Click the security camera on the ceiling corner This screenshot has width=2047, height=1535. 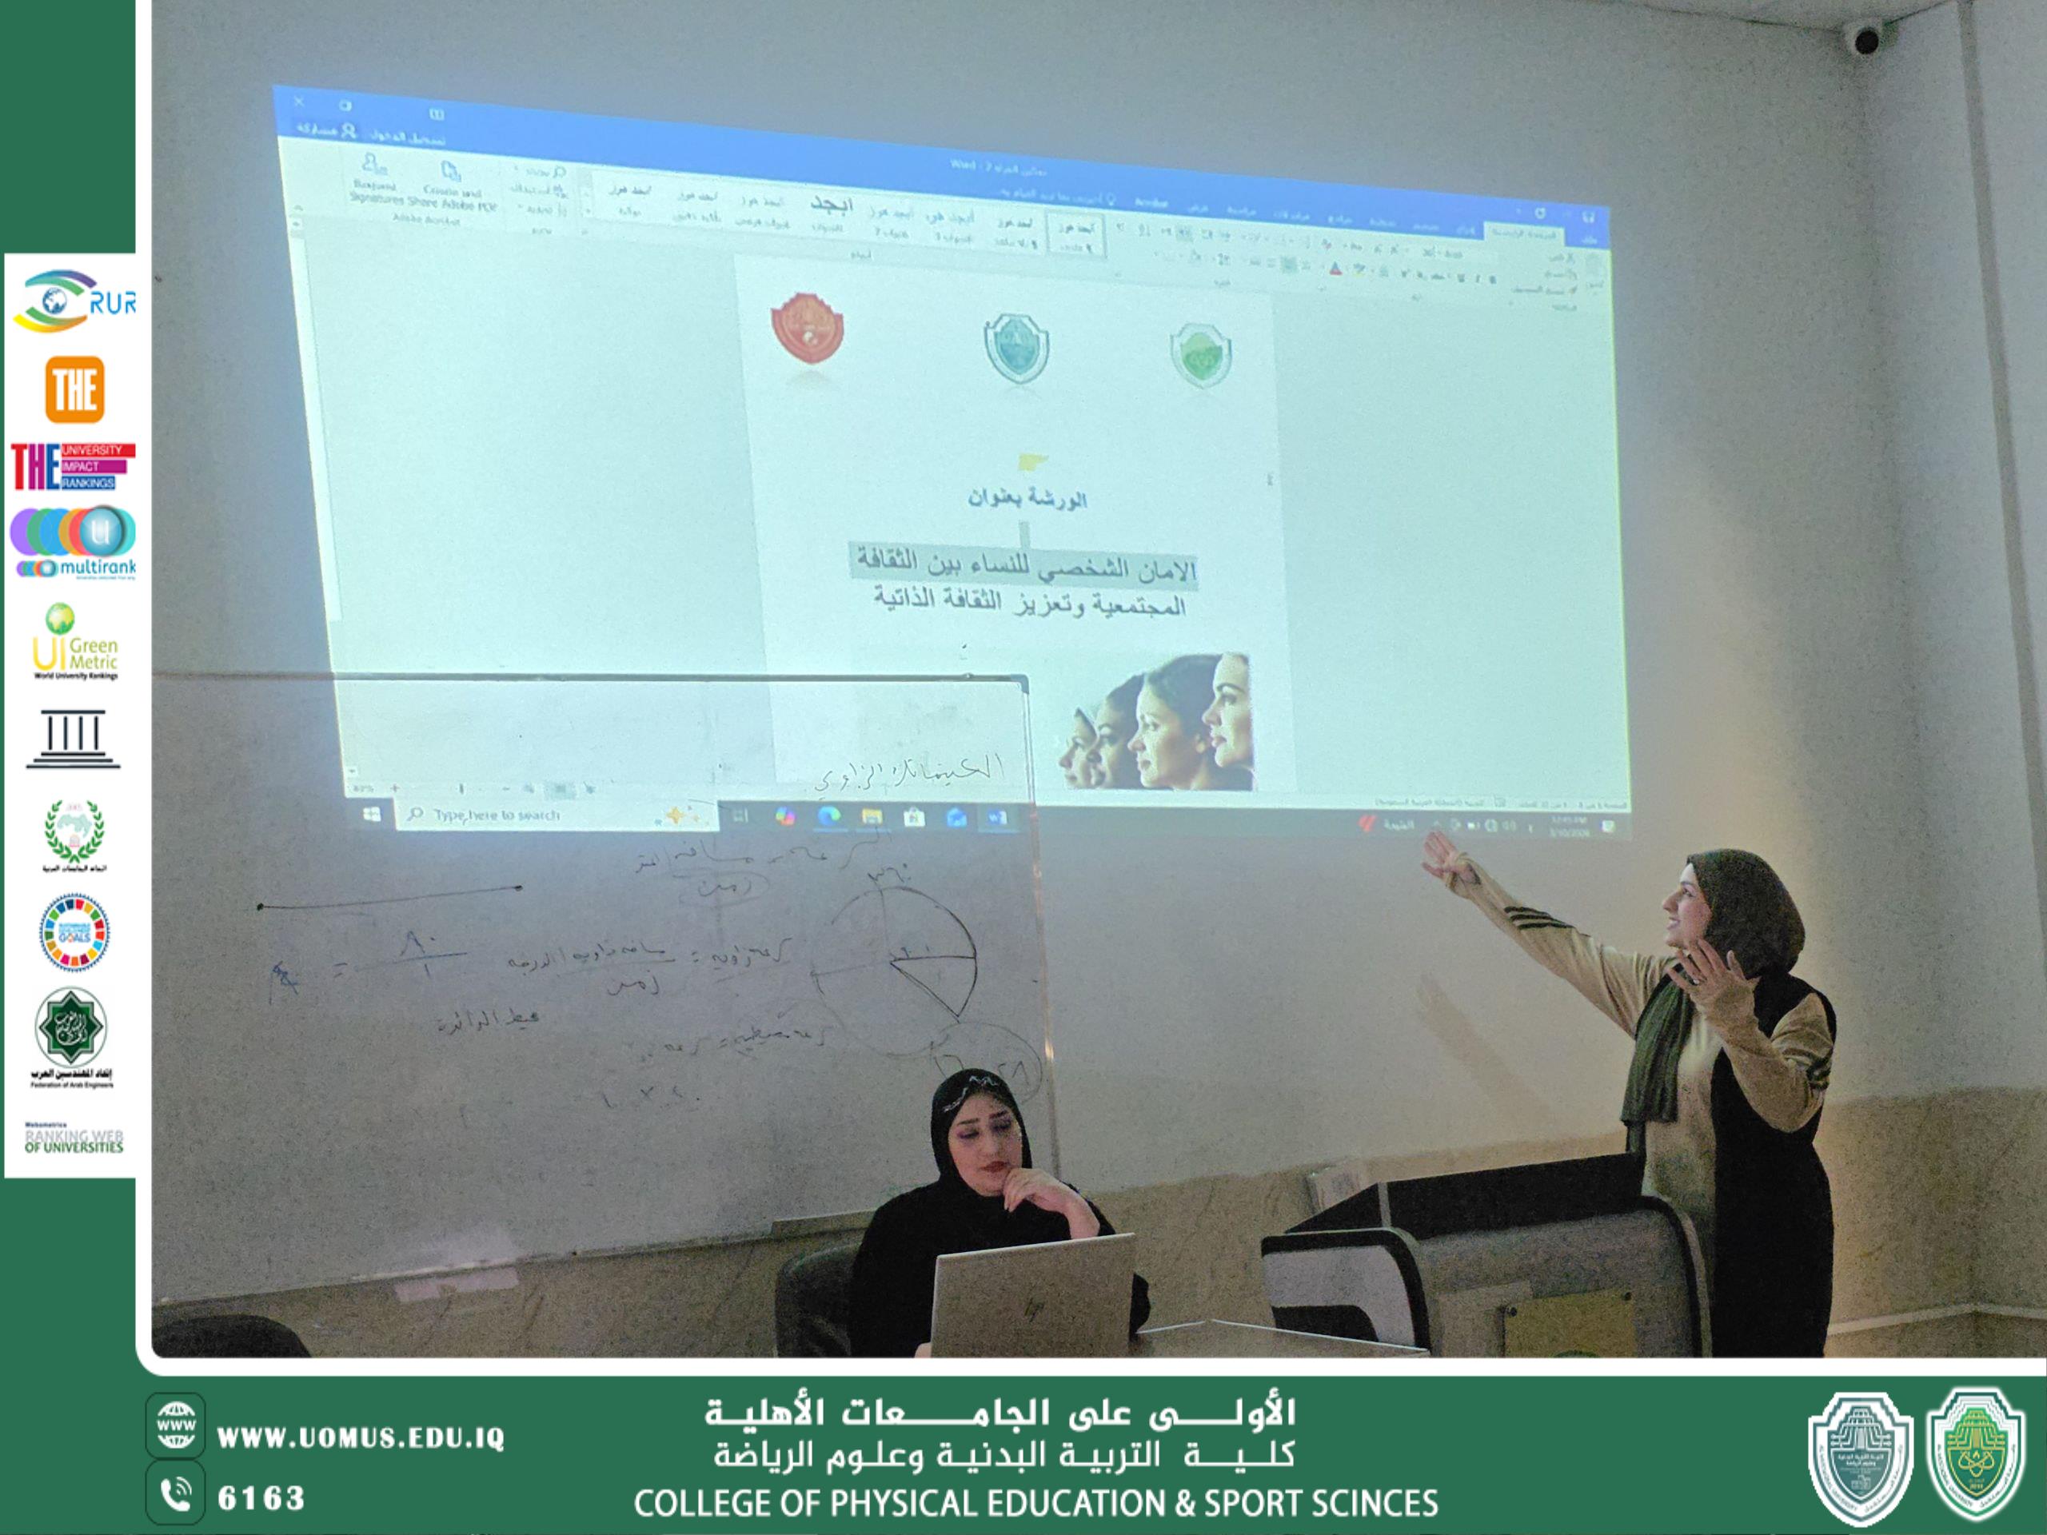1863,39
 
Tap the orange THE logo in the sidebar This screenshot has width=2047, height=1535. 74,389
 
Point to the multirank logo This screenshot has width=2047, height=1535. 74,542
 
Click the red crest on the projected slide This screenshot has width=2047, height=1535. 807,328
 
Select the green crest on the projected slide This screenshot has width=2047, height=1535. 1200,353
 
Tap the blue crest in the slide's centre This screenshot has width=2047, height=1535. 1016,347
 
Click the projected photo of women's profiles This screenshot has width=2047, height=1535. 1157,723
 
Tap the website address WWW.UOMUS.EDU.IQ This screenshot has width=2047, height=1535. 360,1437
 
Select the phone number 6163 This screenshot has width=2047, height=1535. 261,1499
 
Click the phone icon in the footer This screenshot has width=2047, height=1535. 175,1495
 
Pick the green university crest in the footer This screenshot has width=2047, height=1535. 1976,1455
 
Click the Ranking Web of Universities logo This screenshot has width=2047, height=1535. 74,1139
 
